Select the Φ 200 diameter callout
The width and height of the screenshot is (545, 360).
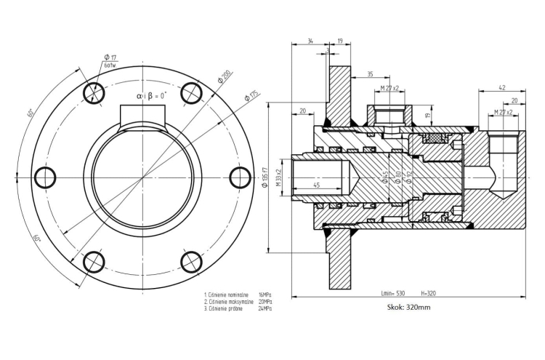pos(224,76)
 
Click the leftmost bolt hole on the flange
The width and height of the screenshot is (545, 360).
pos(45,177)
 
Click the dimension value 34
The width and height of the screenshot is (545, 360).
pos(310,41)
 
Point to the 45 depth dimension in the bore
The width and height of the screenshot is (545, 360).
pos(315,185)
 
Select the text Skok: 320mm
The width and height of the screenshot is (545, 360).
pos(410,308)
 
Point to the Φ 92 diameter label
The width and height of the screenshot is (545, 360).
pos(409,177)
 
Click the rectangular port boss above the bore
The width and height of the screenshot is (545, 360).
pos(143,115)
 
